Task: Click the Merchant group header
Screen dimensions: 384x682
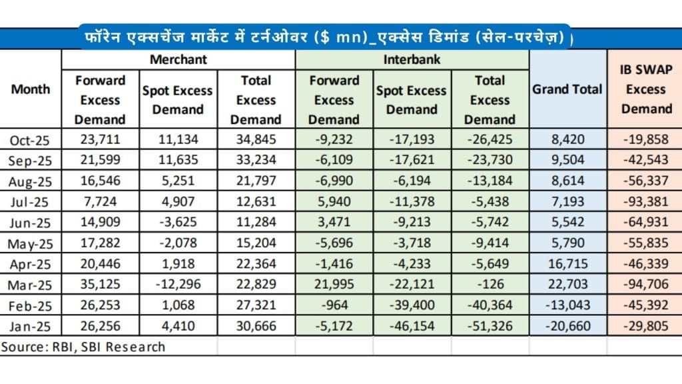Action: (178, 59)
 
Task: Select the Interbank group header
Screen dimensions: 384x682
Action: (412, 59)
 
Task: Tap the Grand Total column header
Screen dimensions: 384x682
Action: (567, 89)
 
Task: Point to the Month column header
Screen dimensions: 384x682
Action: (31, 89)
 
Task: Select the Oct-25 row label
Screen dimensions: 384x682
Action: (31, 140)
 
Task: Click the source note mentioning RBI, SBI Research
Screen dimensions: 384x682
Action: (83, 347)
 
